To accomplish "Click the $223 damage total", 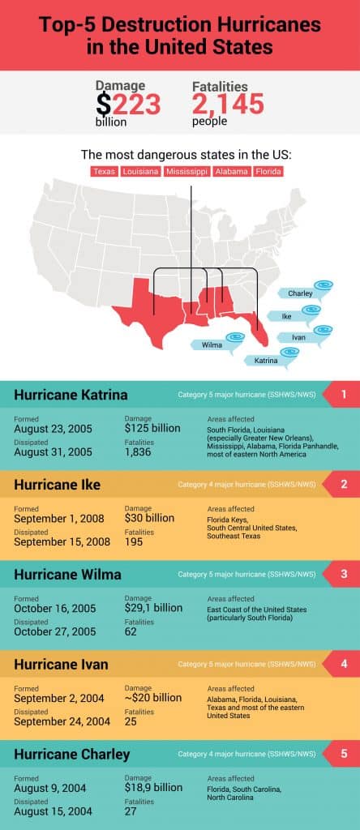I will (x=128, y=104).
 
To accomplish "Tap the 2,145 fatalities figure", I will (x=228, y=104).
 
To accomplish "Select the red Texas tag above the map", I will (x=105, y=172).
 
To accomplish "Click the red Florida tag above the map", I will (x=268, y=172).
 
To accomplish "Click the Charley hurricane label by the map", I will (x=300, y=293).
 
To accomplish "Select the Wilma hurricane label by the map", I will (x=212, y=345).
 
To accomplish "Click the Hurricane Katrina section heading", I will (x=71, y=396).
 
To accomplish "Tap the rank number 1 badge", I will (x=343, y=396).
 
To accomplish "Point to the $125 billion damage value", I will (x=152, y=428).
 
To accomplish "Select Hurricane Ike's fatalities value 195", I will (x=134, y=541).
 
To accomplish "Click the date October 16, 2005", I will (x=53, y=607).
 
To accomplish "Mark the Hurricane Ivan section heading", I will (x=61, y=665).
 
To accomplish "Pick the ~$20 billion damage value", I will (x=153, y=697).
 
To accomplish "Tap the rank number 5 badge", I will (x=343, y=754).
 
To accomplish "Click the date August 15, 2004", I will (x=53, y=811).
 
